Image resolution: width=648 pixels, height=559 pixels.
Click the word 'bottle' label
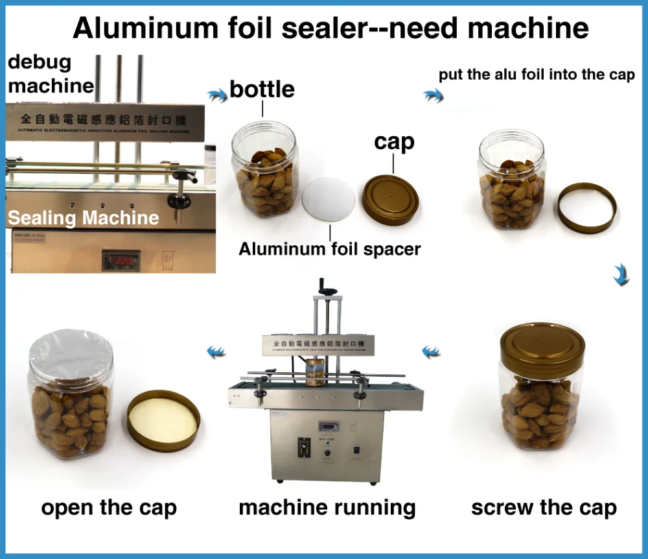pyautogui.click(x=262, y=89)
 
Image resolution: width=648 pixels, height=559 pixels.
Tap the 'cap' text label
pyautogui.click(x=394, y=141)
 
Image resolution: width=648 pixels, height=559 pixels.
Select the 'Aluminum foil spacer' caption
pyautogui.click(x=330, y=249)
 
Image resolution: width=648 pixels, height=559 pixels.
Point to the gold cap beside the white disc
pyautogui.click(x=391, y=199)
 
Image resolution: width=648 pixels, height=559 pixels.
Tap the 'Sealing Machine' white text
pyautogui.click(x=83, y=218)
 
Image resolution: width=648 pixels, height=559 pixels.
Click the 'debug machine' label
pyautogui.click(x=50, y=74)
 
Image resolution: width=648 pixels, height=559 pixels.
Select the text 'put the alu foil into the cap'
pyautogui.click(x=537, y=75)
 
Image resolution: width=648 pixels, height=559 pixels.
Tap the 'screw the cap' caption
pyautogui.click(x=544, y=508)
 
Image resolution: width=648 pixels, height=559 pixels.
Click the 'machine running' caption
pyautogui.click(x=327, y=508)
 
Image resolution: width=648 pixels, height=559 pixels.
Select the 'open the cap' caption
pyautogui.click(x=109, y=508)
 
